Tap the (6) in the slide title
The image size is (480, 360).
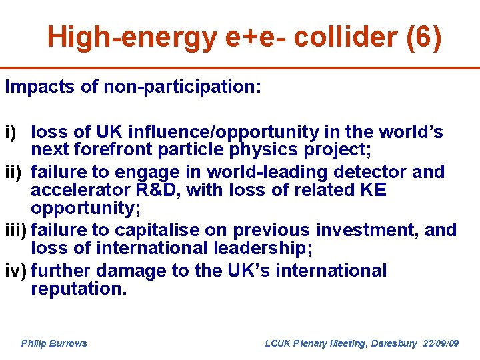coord(423,37)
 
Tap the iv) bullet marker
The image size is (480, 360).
coord(15,271)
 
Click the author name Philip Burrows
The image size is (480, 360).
coord(54,343)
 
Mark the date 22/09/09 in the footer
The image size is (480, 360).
coord(441,343)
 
